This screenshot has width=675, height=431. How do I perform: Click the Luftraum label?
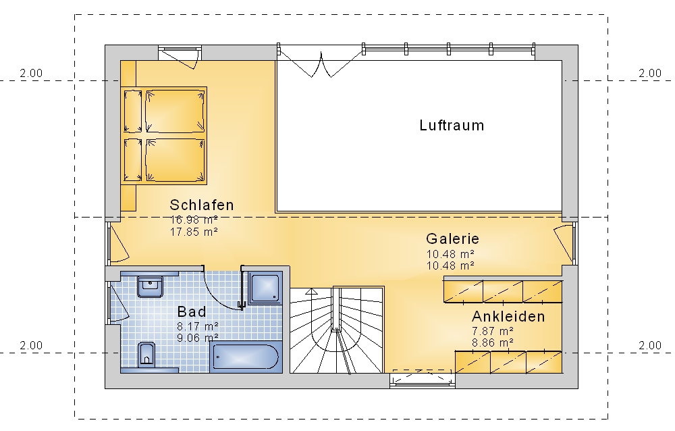tap(452, 126)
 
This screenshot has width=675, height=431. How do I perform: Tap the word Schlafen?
tap(201, 205)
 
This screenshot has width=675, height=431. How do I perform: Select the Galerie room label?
tap(452, 238)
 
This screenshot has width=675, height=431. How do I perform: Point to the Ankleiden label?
tap(508, 316)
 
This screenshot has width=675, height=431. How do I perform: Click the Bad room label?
tap(192, 311)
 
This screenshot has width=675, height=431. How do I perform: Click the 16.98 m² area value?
tap(194, 220)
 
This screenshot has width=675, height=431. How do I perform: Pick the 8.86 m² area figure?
tap(493, 343)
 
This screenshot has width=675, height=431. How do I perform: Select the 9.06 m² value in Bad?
tap(198, 338)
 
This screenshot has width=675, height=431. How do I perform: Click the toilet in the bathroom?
tap(146, 355)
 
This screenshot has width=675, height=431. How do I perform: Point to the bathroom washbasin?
tap(150, 286)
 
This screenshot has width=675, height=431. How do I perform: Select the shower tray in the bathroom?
tap(265, 288)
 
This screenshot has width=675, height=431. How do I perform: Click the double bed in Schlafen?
tap(163, 135)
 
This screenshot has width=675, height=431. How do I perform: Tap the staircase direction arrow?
tap(311, 292)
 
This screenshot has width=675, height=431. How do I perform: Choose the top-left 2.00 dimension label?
tap(31, 73)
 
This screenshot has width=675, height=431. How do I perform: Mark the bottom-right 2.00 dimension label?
tap(650, 345)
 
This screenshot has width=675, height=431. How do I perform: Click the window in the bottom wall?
tap(423, 379)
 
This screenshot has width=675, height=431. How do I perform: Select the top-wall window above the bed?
tap(180, 53)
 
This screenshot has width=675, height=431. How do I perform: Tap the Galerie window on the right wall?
tap(574, 243)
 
